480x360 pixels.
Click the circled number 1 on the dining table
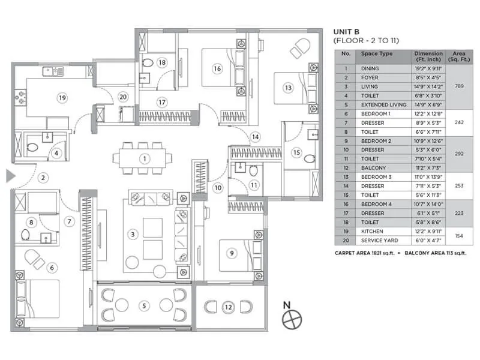[x=144, y=159]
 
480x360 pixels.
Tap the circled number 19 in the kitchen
[x=61, y=97]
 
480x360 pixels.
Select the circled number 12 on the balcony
[x=228, y=307]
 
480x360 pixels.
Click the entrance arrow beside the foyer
[x=10, y=176]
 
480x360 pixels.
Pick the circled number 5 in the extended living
[x=144, y=305]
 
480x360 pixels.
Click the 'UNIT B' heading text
[x=350, y=31]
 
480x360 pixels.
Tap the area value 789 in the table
[x=459, y=86]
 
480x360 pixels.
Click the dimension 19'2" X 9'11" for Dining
[x=428, y=68]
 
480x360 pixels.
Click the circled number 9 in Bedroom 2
[x=231, y=253]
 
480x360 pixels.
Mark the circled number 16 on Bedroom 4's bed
[x=217, y=69]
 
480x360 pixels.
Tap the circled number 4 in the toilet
[x=56, y=153]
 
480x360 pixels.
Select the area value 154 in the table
[x=459, y=236]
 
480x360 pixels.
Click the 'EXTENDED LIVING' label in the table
[x=383, y=104]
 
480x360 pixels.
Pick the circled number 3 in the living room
[x=133, y=234]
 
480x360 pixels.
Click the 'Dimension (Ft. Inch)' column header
[x=428, y=56]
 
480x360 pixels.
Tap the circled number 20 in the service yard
[x=123, y=96]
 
